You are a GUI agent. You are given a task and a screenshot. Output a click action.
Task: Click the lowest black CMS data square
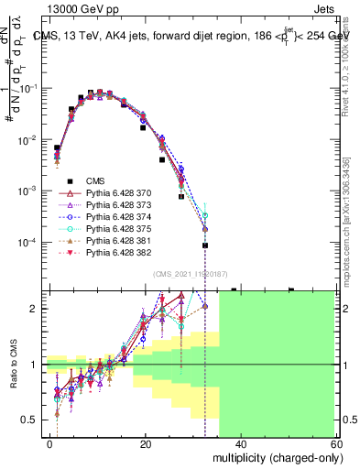pyautogui.click(x=205, y=245)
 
